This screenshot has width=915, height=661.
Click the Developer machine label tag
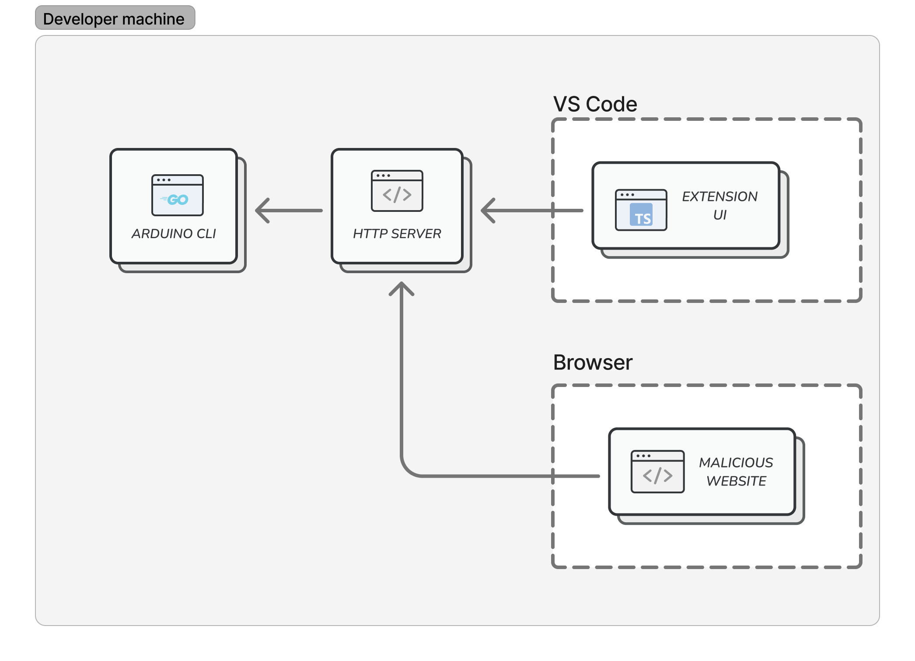[115, 18]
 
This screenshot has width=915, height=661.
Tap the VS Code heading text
[595, 104]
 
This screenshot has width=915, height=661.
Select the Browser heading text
[593, 362]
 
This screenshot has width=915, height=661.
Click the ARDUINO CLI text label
[174, 234]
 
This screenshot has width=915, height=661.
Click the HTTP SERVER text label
[397, 234]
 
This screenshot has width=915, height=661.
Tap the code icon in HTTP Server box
[397, 191]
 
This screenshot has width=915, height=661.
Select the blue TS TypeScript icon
[641, 214]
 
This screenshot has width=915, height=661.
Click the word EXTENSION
[719, 197]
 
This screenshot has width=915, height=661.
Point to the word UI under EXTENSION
[719, 215]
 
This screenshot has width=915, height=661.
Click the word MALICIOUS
[736, 463]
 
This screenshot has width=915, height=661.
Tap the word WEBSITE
[736, 481]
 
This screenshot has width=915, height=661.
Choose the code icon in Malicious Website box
[657, 472]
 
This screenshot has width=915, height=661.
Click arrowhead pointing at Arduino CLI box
[262, 211]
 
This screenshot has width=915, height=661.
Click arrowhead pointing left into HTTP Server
[488, 211]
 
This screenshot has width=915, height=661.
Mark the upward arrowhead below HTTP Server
[401, 289]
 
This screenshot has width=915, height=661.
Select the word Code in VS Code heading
[611, 104]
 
